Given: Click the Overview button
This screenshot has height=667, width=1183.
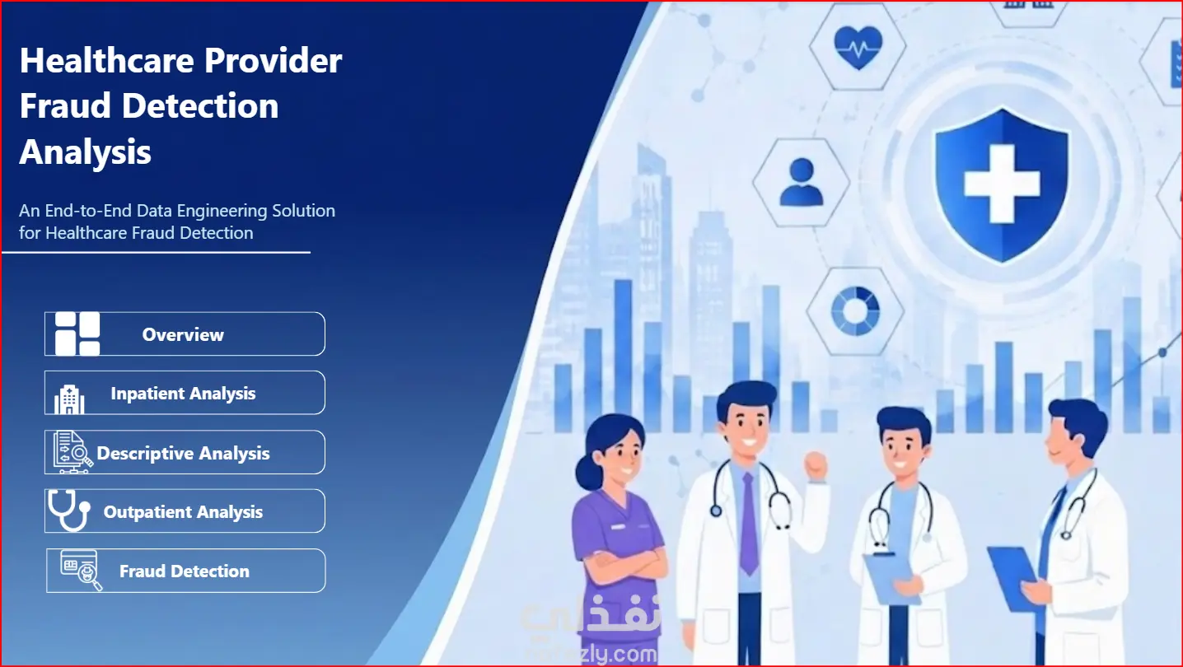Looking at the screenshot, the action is tap(185, 334).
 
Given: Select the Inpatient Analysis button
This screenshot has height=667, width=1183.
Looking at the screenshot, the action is tap(185, 393).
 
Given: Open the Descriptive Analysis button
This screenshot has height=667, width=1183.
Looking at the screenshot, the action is tap(185, 452).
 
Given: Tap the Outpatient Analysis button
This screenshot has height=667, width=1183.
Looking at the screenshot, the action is tap(185, 511).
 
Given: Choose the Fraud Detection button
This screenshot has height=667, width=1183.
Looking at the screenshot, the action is tap(186, 571).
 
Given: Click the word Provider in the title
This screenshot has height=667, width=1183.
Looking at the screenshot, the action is tap(273, 61).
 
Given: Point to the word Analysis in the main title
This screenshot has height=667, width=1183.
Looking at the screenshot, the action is tap(86, 152).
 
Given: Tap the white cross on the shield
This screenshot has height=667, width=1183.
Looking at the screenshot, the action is tap(1002, 183).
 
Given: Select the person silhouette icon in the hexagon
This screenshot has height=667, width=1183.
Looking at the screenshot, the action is tap(802, 182).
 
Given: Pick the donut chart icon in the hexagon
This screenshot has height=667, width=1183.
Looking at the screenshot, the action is tap(856, 311).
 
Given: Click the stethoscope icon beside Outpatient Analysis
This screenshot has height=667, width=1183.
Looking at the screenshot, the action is tap(68, 511).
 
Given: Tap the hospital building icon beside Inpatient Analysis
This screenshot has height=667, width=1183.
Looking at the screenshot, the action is tap(69, 399).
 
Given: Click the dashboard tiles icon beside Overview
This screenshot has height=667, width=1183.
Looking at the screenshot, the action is tap(77, 333).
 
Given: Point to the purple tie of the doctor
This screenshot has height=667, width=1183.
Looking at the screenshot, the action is tap(748, 523).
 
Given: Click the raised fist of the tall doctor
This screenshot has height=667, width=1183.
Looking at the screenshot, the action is tap(816, 466).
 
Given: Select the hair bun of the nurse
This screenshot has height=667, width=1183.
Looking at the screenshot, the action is tap(588, 473).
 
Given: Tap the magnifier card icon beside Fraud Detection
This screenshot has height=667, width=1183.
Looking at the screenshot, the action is tap(81, 571).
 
